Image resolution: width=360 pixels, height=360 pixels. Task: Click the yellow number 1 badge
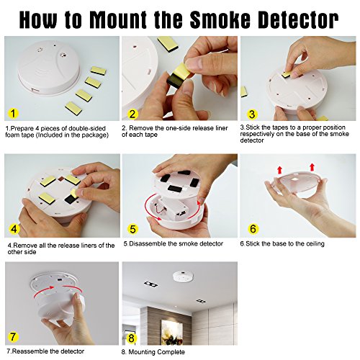(13, 113)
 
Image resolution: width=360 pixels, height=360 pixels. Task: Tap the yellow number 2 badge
(132, 114)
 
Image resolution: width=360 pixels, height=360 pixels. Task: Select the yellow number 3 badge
(252, 114)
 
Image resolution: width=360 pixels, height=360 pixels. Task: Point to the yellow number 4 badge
(14, 229)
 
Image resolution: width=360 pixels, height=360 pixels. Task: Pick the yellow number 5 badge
(132, 229)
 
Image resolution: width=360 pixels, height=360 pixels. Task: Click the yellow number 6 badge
(253, 229)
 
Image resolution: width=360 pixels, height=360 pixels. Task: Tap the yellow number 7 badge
(13, 337)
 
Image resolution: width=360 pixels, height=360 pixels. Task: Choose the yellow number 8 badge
(131, 338)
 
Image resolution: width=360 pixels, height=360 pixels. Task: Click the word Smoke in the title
(220, 19)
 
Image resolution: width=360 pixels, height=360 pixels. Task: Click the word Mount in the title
(119, 19)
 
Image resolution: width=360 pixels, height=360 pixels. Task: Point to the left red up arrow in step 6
(279, 170)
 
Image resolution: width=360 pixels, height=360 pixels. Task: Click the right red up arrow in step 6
(312, 167)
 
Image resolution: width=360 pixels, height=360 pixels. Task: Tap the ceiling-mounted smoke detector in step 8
(183, 276)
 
